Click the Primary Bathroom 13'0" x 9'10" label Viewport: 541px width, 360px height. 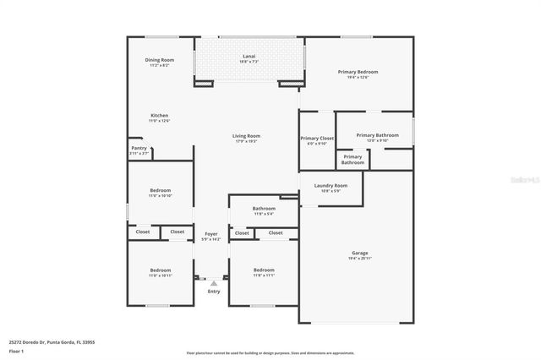[x=377, y=137]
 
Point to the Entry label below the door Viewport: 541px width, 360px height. [x=214, y=292]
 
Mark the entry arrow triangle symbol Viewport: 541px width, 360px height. [x=214, y=283]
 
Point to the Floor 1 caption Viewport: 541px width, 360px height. [x=17, y=350]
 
